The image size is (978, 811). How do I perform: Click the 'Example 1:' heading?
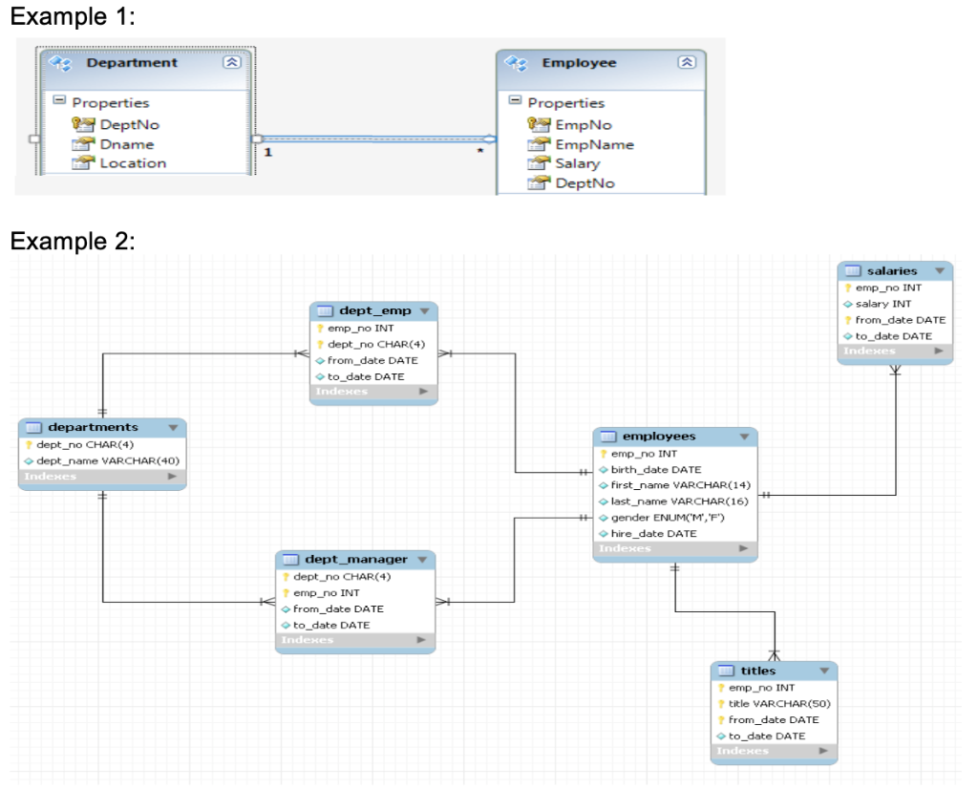click(72, 17)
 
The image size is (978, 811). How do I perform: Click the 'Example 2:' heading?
click(72, 241)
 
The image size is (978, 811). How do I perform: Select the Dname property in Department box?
click(126, 144)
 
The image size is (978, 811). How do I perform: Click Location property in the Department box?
click(133, 163)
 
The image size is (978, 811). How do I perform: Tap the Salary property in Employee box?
click(577, 163)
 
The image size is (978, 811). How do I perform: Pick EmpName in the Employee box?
click(594, 144)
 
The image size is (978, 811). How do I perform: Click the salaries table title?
click(891, 271)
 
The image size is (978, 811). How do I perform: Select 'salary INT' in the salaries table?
click(882, 304)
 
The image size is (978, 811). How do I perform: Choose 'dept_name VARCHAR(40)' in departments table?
click(107, 459)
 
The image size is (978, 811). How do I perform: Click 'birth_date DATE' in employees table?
click(655, 469)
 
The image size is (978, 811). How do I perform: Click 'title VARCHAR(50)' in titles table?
click(773, 703)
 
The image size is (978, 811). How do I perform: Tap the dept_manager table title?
click(355, 559)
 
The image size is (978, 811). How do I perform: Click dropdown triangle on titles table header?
click(823, 671)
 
